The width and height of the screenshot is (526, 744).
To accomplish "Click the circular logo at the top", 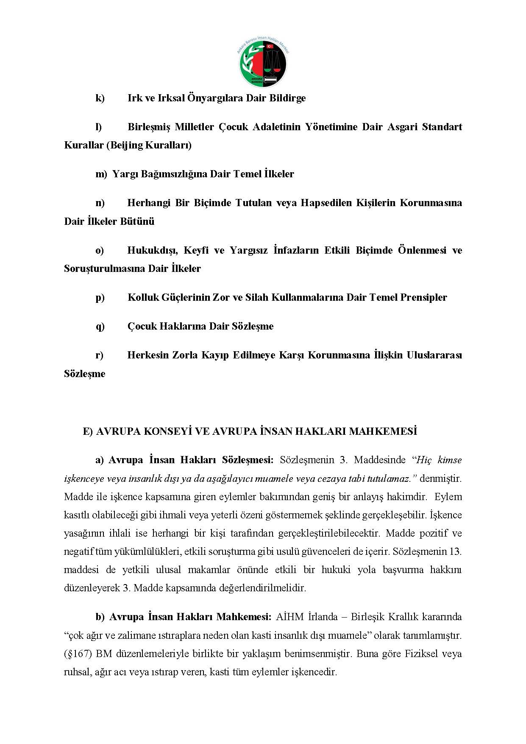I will pyautogui.click(x=263, y=64).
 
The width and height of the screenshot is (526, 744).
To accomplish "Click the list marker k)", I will pyautogui.click(x=100, y=98).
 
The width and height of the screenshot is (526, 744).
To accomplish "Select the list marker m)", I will pyautogui.click(x=101, y=174).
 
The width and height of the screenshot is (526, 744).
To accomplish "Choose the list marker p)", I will pyautogui.click(x=100, y=298).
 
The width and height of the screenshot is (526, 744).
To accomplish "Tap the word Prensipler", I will pyautogui.click(x=423, y=297).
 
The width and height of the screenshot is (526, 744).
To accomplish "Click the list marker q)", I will pyautogui.click(x=100, y=327).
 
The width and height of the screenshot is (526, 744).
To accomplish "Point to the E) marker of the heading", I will pyautogui.click(x=88, y=431).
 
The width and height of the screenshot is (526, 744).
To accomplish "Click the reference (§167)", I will pyautogui.click(x=78, y=654).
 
